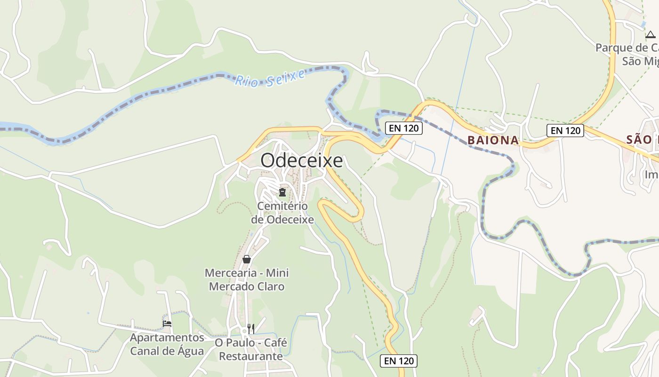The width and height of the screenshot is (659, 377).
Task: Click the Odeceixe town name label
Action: tap(302, 161)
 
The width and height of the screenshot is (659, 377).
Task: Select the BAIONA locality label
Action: tap(493, 140)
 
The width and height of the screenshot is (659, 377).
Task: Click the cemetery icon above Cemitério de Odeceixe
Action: tap(282, 192)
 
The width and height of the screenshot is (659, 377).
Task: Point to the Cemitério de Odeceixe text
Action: tap(282, 213)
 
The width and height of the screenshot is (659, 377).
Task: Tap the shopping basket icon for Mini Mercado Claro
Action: tap(247, 259)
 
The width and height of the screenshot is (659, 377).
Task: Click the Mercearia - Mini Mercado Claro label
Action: tap(247, 279)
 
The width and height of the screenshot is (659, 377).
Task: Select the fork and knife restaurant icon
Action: tap(251, 328)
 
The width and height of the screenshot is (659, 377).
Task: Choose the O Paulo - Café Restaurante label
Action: tap(251, 349)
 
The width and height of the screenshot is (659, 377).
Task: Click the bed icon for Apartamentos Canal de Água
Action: tap(167, 324)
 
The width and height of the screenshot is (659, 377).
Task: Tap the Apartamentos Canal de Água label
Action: tap(167, 344)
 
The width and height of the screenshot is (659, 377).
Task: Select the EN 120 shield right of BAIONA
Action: tap(565, 131)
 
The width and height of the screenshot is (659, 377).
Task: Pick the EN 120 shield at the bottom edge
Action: tap(399, 361)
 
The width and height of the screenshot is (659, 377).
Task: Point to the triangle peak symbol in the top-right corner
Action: tap(650, 34)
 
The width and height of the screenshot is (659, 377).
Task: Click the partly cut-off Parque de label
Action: tap(627, 48)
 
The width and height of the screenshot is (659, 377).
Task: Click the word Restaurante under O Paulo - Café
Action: tap(251, 356)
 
